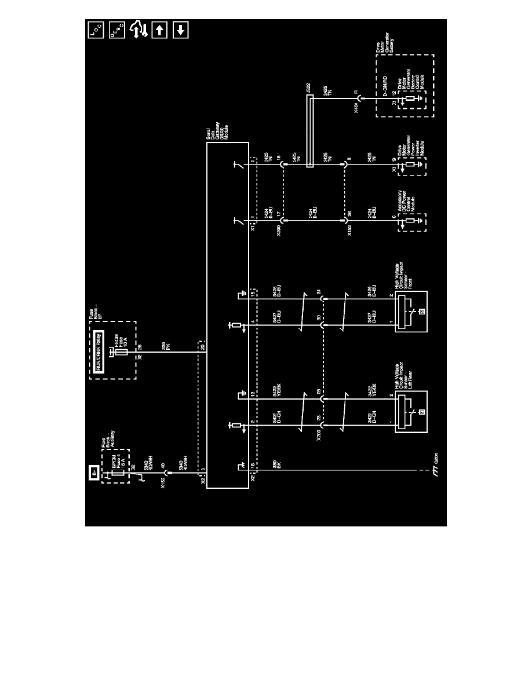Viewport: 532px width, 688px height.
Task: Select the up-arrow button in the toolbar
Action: [x=159, y=30]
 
